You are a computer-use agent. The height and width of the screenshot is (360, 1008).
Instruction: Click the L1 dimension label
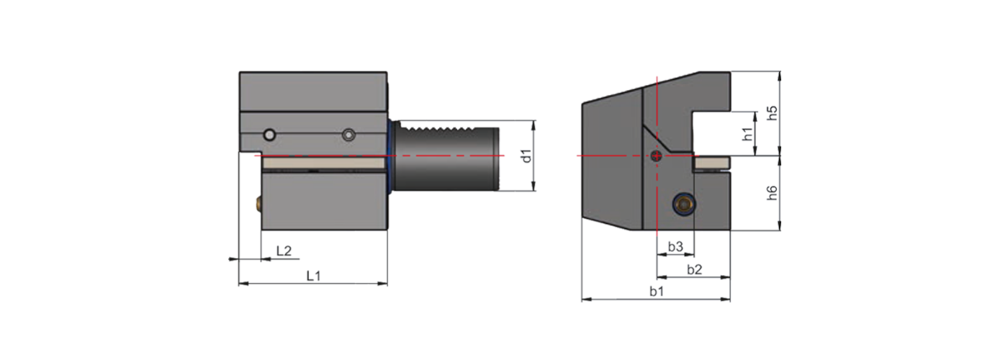[314, 275]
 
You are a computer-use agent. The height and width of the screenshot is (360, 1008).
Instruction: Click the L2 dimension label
[284, 251]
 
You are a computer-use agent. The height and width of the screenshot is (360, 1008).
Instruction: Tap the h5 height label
[771, 113]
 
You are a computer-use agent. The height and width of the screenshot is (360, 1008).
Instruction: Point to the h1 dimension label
[747, 133]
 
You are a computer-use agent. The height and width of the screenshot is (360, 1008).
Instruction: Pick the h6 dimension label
[771, 193]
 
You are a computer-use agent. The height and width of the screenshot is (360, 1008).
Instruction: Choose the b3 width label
[675, 247]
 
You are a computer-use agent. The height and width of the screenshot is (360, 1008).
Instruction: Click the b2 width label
[694, 269]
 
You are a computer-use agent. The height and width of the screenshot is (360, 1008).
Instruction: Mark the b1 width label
[656, 291]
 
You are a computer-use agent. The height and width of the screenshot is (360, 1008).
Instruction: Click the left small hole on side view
[269, 135]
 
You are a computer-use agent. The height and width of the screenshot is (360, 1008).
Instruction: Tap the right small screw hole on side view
[349, 135]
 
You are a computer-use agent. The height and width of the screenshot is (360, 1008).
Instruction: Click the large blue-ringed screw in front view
[683, 205]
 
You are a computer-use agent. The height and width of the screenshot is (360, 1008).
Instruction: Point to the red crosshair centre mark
[657, 156]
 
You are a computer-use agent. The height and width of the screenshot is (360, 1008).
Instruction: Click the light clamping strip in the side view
[324, 165]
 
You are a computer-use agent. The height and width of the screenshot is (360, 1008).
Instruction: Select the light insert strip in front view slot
[711, 164]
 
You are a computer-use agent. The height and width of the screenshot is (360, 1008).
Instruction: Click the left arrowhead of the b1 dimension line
[585, 298]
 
